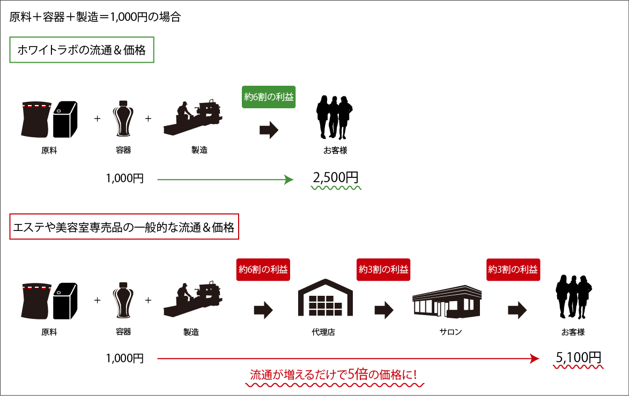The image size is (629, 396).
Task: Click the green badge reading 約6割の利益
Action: click(269, 98)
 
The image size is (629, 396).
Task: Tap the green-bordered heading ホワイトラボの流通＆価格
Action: click(82, 50)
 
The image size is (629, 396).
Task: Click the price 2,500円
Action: click(335, 178)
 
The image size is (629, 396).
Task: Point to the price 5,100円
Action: click(578, 357)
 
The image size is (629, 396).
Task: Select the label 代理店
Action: click(323, 332)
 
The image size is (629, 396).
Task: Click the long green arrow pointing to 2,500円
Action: click(225, 180)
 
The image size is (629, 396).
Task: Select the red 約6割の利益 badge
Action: click(263, 270)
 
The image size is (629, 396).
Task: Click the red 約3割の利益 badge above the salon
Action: click(513, 270)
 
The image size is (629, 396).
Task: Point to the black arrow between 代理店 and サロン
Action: click(384, 310)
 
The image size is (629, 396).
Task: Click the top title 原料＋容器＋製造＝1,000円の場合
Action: click(95, 17)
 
